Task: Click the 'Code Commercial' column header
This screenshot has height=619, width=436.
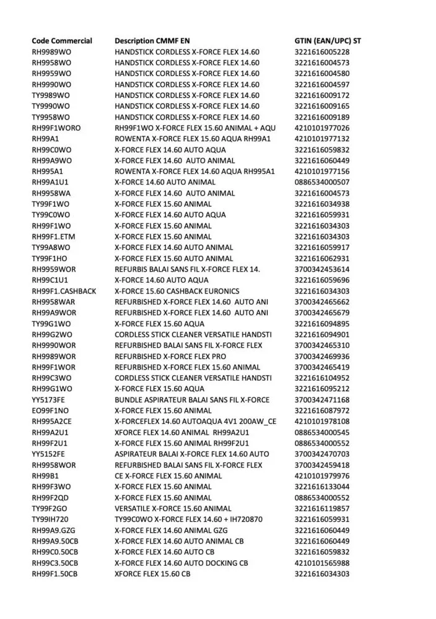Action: [62, 41]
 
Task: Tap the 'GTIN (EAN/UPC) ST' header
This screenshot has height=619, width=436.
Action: [328, 41]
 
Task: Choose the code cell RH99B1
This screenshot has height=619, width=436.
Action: [45, 476]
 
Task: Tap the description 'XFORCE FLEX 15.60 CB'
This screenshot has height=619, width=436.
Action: [152, 574]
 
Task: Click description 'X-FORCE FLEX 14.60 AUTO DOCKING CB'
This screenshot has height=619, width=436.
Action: [181, 563]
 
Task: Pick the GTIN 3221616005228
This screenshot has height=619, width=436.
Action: [321, 52]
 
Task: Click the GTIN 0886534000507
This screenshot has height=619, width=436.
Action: [321, 182]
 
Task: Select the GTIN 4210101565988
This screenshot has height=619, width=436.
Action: [321, 563]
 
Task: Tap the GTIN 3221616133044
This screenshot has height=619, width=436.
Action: [321, 487]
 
